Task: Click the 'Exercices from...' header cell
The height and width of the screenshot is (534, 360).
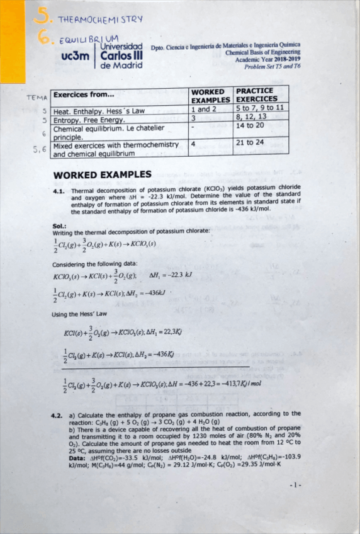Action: coord(84,96)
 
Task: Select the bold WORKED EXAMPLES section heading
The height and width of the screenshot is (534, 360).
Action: coord(103,174)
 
